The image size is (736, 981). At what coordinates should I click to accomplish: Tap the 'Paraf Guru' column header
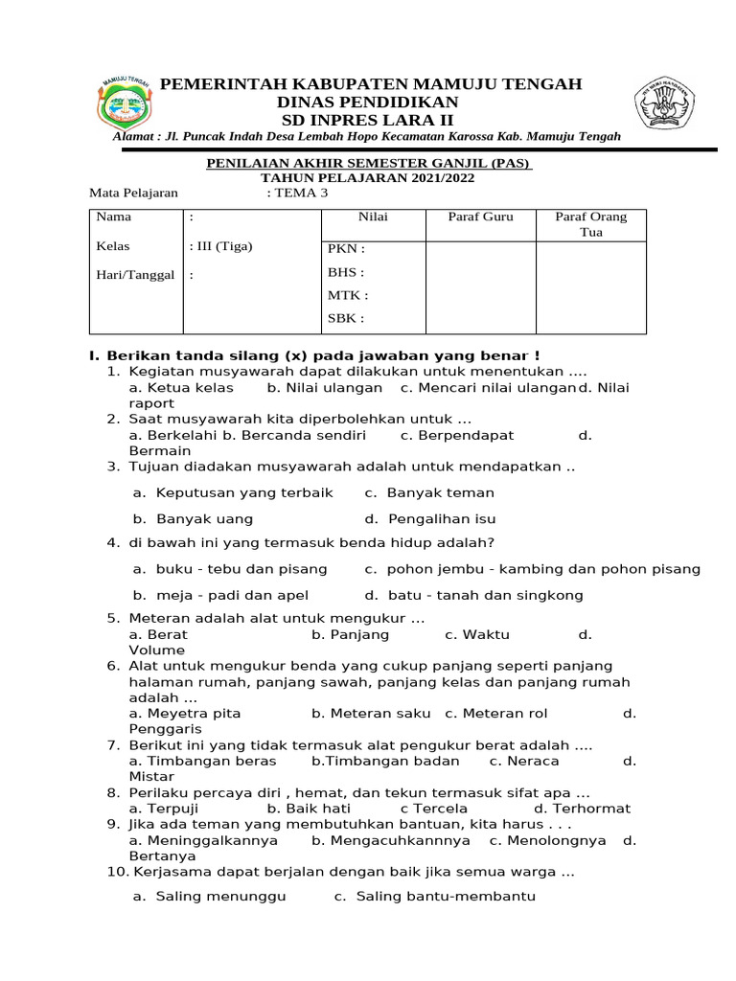click(480, 217)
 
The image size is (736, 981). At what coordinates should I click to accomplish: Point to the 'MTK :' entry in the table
click(347, 295)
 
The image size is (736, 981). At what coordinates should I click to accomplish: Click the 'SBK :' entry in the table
click(346, 318)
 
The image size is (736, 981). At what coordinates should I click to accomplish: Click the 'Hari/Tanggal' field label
click(134, 275)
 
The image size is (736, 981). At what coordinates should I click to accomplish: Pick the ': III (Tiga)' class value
click(220, 246)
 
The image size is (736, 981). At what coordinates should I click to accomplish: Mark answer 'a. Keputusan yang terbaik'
click(233, 492)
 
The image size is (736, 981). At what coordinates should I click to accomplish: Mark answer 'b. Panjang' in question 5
click(350, 634)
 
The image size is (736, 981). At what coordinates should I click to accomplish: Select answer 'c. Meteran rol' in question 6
click(496, 713)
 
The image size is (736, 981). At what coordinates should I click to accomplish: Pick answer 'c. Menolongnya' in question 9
click(547, 840)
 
